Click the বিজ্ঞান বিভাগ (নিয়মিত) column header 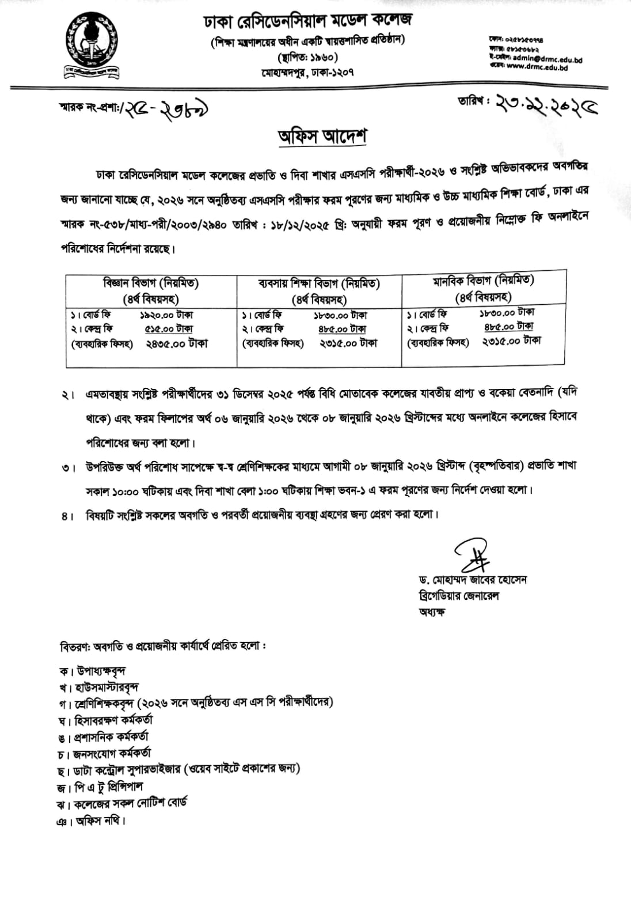[151, 283]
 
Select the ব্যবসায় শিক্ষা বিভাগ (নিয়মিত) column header [319, 284]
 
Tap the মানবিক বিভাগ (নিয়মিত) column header [484, 281]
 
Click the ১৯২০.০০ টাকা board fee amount [166, 315]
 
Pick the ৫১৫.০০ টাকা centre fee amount [169, 328]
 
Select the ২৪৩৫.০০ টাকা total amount [173, 343]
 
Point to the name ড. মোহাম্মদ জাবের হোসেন [473, 579]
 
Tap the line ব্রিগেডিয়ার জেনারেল [459, 595]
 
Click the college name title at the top [308, 21]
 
